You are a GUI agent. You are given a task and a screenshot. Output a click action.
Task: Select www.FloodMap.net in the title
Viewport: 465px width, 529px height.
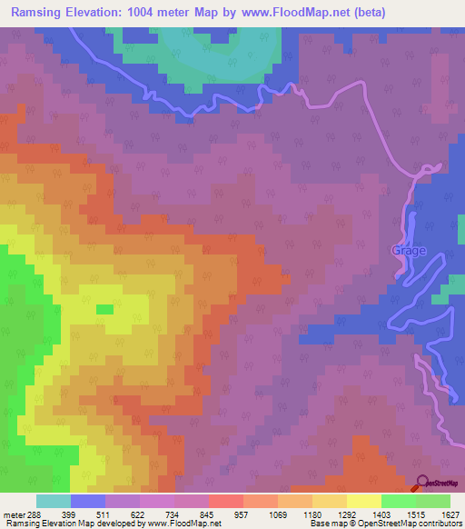298,13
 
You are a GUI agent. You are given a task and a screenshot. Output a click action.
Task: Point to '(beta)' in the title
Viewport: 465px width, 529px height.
365,13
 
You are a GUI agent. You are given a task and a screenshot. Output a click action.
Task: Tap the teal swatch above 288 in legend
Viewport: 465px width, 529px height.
53,501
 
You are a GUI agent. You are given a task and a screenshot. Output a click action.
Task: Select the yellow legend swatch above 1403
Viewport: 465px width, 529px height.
363,501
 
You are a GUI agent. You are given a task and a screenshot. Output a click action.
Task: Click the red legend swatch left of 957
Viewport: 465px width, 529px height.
225,501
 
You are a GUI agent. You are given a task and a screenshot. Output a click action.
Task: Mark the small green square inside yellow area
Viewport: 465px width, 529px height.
104,309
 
